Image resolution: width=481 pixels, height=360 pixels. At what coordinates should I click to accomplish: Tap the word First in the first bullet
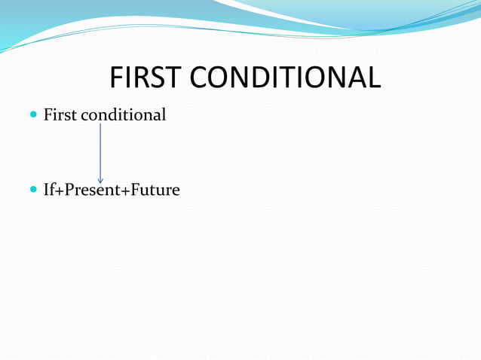click(60, 115)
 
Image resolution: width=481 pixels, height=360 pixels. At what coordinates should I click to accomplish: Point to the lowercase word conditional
click(123, 115)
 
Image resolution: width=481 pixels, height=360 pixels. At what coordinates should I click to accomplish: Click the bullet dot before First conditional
click(32, 116)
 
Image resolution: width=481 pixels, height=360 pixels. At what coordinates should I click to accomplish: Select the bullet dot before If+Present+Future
click(32, 191)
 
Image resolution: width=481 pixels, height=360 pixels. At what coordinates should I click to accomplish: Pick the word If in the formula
click(49, 190)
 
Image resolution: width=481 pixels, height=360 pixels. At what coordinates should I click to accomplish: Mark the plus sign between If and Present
click(59, 191)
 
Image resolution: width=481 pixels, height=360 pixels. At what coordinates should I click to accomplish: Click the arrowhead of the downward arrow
click(100, 180)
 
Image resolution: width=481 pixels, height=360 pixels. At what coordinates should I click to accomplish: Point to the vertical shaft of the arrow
click(100, 151)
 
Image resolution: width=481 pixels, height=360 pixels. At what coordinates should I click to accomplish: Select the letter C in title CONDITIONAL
click(192, 78)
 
